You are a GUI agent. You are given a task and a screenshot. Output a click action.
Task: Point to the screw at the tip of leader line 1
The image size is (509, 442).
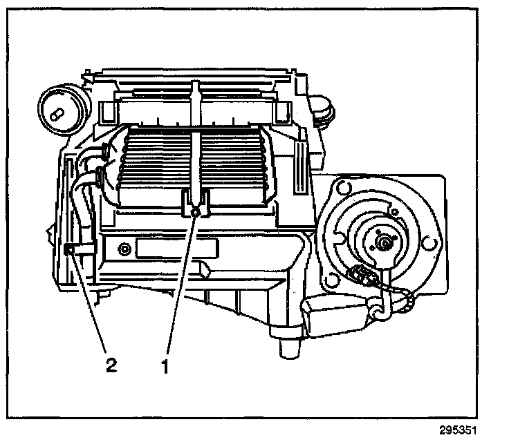[196, 211]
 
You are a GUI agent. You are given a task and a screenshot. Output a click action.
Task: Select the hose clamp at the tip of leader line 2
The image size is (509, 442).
[70, 249]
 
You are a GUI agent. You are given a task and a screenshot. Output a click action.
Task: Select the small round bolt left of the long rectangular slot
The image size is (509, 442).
[124, 249]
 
